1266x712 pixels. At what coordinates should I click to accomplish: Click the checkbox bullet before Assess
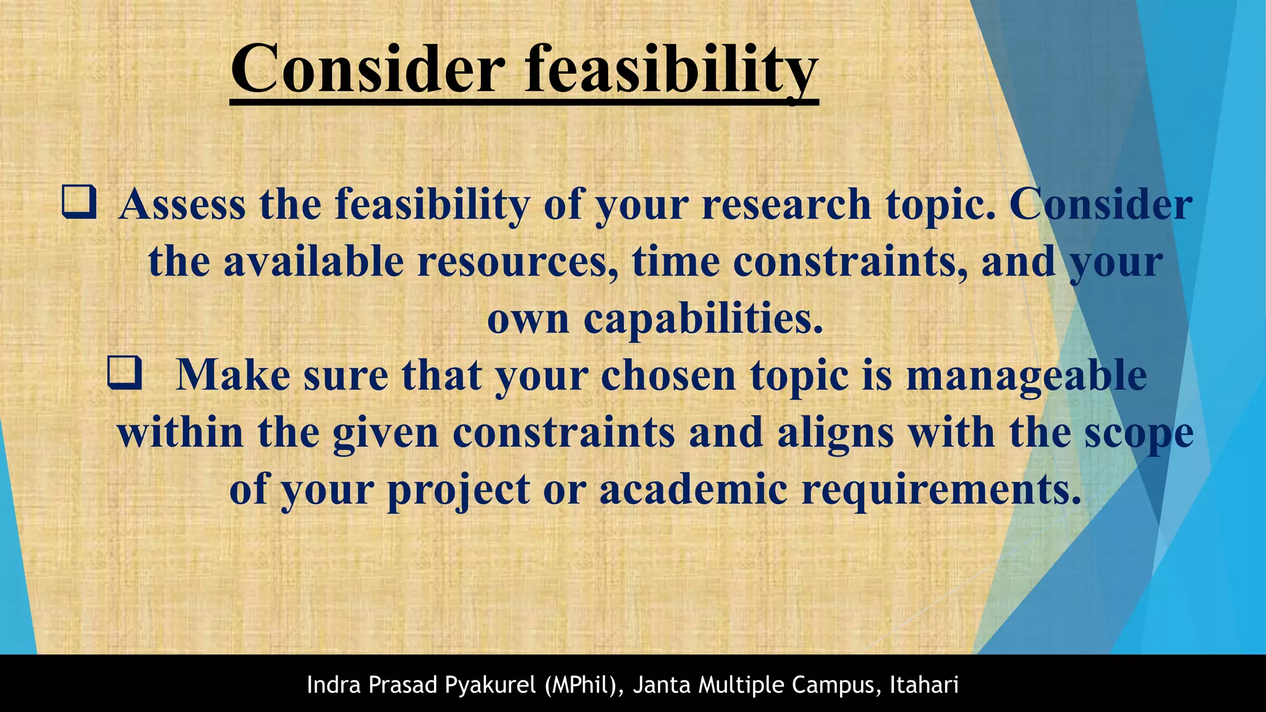pos(79,204)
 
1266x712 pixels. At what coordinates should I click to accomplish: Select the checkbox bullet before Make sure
pos(124,373)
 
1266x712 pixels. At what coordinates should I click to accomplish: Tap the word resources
pos(518,261)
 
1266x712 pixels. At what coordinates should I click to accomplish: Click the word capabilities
pos(703,319)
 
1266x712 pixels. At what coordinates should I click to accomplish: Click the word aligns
pos(835,433)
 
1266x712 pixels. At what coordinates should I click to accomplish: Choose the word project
pos(459,489)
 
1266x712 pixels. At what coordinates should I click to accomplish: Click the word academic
pos(693,489)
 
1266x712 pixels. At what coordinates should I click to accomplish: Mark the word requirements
pos(941,489)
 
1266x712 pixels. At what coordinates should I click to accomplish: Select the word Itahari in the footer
pos(924,685)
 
